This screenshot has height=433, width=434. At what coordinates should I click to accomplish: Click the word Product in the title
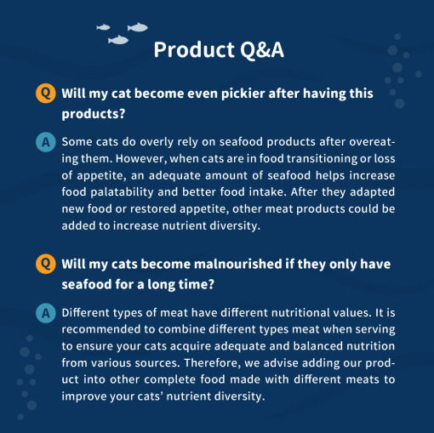tap(194, 49)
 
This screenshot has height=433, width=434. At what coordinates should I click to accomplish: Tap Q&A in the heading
tap(262, 50)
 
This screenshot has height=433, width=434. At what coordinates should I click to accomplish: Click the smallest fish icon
tap(103, 27)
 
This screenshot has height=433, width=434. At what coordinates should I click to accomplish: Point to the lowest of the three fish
tap(118, 40)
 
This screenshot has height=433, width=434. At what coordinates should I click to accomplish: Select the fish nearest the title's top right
tap(138, 27)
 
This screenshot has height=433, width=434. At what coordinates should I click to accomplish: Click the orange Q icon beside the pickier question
tap(46, 93)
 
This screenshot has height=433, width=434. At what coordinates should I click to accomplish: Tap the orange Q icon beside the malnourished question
tap(46, 264)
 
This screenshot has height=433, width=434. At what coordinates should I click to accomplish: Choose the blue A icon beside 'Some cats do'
tap(46, 142)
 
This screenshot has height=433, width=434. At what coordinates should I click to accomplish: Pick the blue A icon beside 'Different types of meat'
tap(46, 313)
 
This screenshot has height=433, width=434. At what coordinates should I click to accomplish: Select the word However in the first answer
tap(141, 158)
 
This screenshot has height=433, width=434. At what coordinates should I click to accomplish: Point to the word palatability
tap(122, 192)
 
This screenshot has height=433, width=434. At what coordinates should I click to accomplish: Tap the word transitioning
tap(322, 159)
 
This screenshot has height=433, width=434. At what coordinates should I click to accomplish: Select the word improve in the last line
tap(84, 396)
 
